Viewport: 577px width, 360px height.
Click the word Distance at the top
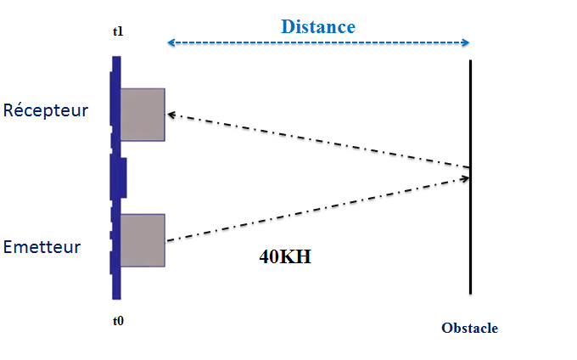pyautogui.click(x=318, y=26)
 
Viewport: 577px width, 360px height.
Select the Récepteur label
pyautogui.click(x=46, y=110)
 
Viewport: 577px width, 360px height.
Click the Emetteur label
pyautogui.click(x=42, y=247)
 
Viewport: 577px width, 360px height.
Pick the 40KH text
pyautogui.click(x=285, y=256)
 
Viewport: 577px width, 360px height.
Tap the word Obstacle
pyautogui.click(x=469, y=329)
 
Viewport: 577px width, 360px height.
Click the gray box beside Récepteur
pyautogui.click(x=142, y=114)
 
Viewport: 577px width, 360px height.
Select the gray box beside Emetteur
pyautogui.click(x=142, y=240)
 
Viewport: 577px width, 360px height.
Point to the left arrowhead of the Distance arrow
pyautogui.click(x=170, y=43)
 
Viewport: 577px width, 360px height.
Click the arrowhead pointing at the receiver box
pyautogui.click(x=171, y=114)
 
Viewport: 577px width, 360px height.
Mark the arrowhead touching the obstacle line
pyautogui.click(x=465, y=177)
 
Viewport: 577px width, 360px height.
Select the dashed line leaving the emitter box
pyautogui.click(x=314, y=210)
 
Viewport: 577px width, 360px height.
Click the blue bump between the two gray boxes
pyautogui.click(x=121, y=177)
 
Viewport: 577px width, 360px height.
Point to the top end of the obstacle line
pyautogui.click(x=470, y=61)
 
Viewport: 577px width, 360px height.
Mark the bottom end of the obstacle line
pyautogui.click(x=470, y=292)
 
